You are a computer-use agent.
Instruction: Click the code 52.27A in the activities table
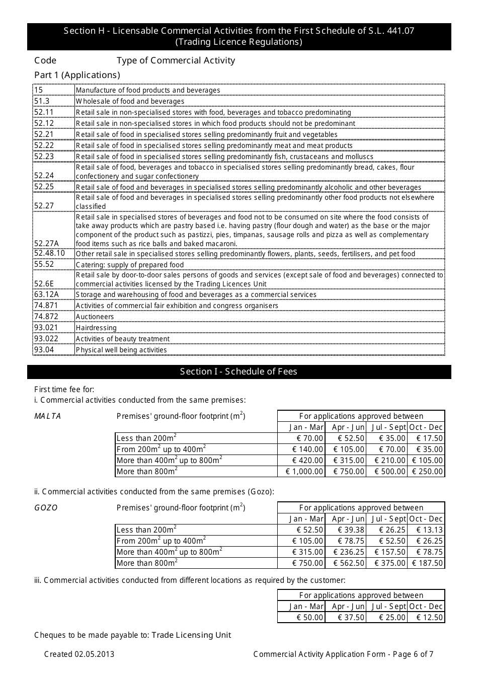(46, 244)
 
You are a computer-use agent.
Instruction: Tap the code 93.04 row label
(44, 350)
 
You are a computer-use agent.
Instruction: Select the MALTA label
(47, 416)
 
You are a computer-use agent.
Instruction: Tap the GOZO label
(46, 508)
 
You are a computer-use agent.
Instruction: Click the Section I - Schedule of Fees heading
(238, 371)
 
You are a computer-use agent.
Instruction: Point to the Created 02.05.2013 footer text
(79, 654)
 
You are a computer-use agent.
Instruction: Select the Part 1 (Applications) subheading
(77, 75)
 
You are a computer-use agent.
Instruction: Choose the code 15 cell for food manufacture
(39, 90)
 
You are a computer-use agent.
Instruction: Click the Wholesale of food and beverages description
(130, 101)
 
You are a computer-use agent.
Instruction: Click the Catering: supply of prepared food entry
(130, 265)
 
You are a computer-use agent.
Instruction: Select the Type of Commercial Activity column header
(176, 60)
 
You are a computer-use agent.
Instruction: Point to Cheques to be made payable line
(132, 635)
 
